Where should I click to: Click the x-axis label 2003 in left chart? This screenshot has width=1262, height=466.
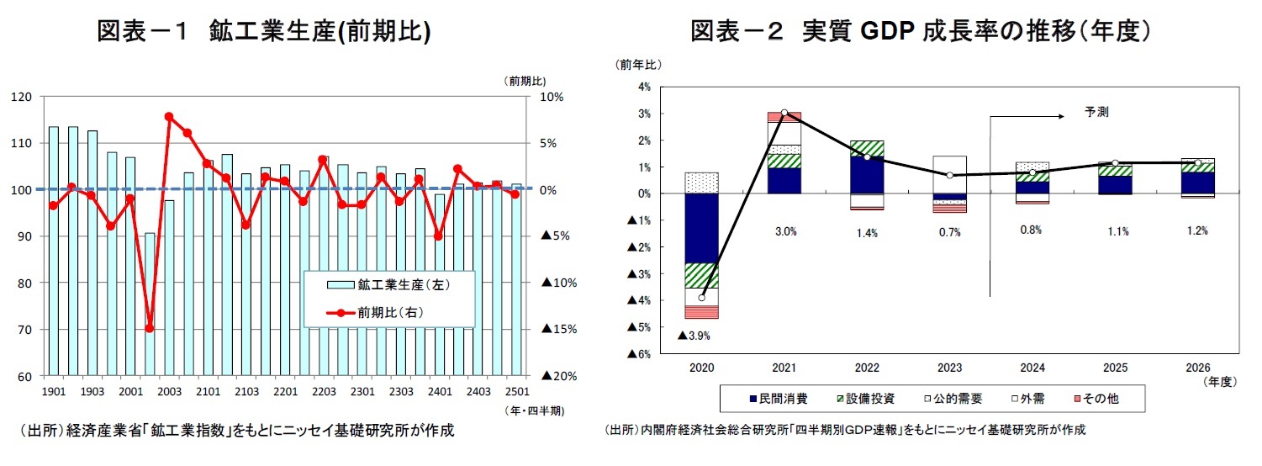click(x=169, y=391)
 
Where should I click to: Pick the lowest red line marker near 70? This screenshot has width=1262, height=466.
click(x=150, y=328)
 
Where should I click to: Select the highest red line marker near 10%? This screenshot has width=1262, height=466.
click(x=169, y=117)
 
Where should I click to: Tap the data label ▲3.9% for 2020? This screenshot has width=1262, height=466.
click(x=694, y=336)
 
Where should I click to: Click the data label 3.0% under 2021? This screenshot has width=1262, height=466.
click(x=785, y=232)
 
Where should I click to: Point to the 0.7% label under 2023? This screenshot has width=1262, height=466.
click(x=948, y=232)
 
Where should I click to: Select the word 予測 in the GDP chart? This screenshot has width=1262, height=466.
click(x=1096, y=111)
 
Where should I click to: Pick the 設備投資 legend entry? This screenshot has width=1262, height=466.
click(x=867, y=398)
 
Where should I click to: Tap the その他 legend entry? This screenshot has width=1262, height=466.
click(x=1093, y=398)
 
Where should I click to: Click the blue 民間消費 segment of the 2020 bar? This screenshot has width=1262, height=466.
click(x=701, y=228)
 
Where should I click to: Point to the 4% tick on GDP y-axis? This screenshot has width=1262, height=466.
click(x=643, y=87)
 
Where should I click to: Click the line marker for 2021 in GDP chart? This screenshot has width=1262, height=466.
click(x=784, y=113)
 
